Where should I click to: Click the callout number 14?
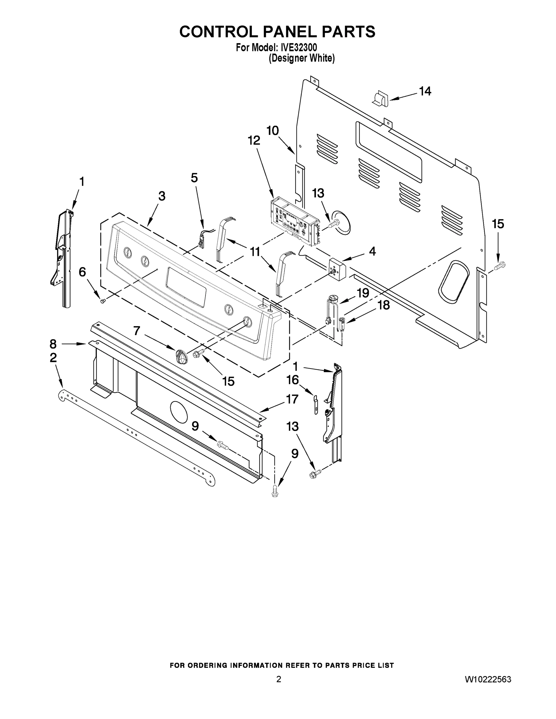click(x=425, y=91)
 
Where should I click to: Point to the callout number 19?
click(x=363, y=293)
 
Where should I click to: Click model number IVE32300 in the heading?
click(x=299, y=48)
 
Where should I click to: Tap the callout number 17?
click(x=292, y=399)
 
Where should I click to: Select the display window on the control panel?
click(x=186, y=287)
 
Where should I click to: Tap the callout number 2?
click(x=53, y=357)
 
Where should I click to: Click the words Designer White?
click(x=302, y=59)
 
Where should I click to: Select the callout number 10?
click(x=273, y=131)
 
